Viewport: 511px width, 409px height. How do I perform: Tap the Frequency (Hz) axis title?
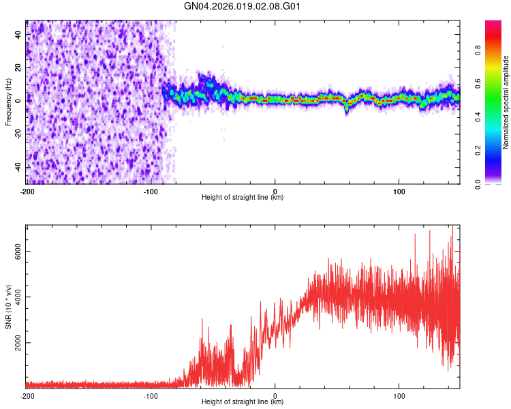(8, 102)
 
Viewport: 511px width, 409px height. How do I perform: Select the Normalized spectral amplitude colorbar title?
(506, 102)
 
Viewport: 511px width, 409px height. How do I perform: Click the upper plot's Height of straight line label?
(243, 197)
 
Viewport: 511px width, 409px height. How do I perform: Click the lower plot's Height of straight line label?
(243, 402)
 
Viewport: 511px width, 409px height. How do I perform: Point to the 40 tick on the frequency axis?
(18, 34)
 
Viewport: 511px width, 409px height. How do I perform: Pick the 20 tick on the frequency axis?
(18, 67)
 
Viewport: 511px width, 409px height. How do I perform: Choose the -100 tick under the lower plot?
(151, 395)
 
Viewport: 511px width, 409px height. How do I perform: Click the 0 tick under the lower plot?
(275, 395)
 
